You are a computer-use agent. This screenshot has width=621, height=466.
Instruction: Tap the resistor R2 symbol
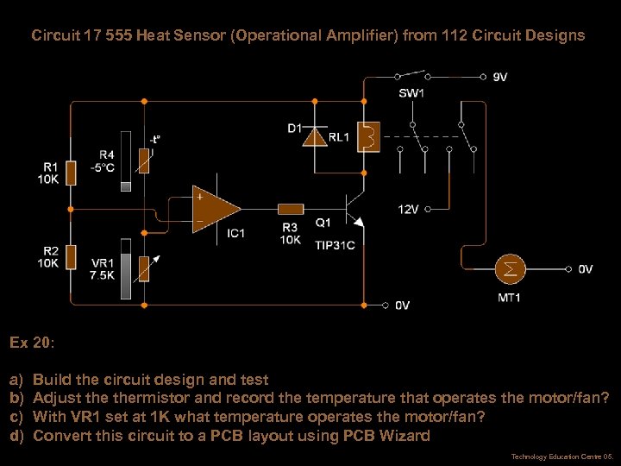pyautogui.click(x=72, y=257)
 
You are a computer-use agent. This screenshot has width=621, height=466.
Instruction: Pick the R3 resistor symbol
pyautogui.click(x=290, y=208)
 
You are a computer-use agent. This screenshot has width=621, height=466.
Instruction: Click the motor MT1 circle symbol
pyautogui.click(x=511, y=269)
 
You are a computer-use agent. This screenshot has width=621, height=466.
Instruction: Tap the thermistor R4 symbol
pyautogui.click(x=144, y=161)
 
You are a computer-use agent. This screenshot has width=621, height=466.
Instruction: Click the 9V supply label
pyautogui.click(x=499, y=77)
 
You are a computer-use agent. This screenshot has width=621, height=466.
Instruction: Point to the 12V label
pyautogui.click(x=408, y=208)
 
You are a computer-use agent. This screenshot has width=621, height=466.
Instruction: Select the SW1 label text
pyautogui.click(x=411, y=92)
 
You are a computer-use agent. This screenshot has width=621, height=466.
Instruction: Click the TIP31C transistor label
pyautogui.click(x=335, y=245)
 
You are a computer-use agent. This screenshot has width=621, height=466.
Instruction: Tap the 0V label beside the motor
pyautogui.click(x=585, y=269)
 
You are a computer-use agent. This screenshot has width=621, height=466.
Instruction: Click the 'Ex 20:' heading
pyautogui.click(x=32, y=343)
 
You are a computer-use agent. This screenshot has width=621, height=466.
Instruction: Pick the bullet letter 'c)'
pyautogui.click(x=16, y=417)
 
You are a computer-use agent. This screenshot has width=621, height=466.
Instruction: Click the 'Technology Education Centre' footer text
pyautogui.click(x=551, y=456)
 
